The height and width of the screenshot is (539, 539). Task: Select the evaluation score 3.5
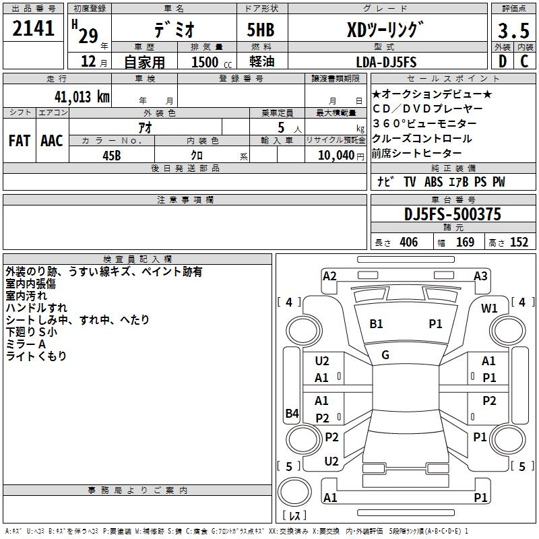[x=512, y=30]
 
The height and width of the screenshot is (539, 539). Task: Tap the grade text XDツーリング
[x=385, y=30]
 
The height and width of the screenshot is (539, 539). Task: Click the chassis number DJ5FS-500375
[x=452, y=215]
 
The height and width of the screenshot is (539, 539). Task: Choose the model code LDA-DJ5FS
[x=386, y=62]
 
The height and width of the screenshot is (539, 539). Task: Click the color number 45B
[x=112, y=155]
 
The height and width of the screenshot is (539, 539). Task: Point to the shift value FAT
[x=19, y=141]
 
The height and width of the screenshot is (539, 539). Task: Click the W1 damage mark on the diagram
[x=489, y=308]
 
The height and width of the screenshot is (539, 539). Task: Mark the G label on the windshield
[x=385, y=355]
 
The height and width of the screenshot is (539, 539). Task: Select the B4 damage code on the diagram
[x=291, y=414]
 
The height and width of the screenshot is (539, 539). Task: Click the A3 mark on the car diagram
[x=480, y=276]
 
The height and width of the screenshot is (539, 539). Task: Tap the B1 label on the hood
[x=376, y=324]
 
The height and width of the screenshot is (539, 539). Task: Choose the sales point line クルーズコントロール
[x=422, y=139]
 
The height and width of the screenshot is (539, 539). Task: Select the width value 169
[x=465, y=243]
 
